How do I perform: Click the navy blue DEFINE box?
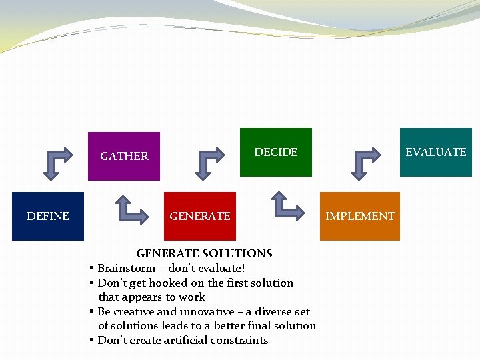pyautogui.click(x=48, y=216)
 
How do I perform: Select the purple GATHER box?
pyautogui.click(x=124, y=156)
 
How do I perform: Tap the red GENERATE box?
pyautogui.click(x=200, y=216)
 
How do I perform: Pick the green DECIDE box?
pyautogui.click(x=276, y=152)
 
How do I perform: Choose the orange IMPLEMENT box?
pyautogui.click(x=360, y=216)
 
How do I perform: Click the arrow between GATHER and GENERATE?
pyautogui.click(x=131, y=209)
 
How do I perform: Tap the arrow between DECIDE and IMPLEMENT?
pyautogui.click(x=287, y=206)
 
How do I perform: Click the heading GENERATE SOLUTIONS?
pyautogui.click(x=204, y=253)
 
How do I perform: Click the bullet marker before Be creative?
pyautogui.click(x=91, y=311)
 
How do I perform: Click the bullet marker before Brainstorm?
pyautogui.click(x=91, y=268)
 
